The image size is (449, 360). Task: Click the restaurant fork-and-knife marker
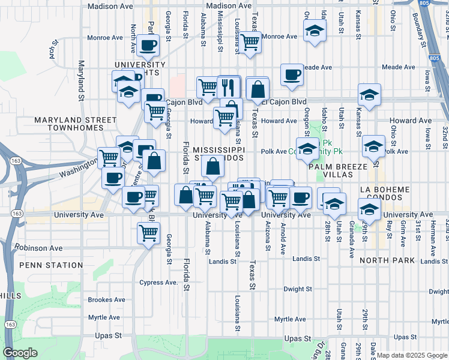(x=229, y=87)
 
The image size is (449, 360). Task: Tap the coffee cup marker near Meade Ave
(x=292, y=76)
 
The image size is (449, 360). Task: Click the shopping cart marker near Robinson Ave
(x=148, y=232)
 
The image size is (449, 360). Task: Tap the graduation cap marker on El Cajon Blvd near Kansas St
(x=369, y=95)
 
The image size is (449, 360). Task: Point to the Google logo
(x=20, y=353)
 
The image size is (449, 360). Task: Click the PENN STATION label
(x=51, y=265)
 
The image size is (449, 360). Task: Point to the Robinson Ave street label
(x=39, y=247)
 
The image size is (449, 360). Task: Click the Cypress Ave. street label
(x=158, y=283)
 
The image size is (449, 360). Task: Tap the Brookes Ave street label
(x=106, y=299)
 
